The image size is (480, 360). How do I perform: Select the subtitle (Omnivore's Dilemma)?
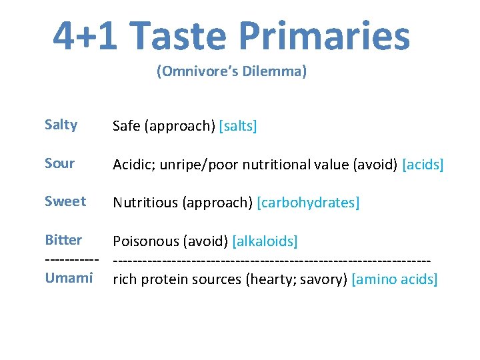click(x=232, y=71)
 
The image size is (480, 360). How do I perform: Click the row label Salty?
click(x=61, y=125)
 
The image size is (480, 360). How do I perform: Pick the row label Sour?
click(x=60, y=163)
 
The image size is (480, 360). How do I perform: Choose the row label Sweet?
click(x=65, y=201)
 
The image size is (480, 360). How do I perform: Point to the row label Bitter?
click(x=63, y=240)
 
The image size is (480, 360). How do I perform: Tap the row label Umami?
click(x=69, y=278)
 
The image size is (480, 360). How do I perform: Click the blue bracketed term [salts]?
click(x=238, y=126)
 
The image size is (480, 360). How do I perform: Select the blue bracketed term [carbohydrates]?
click(x=309, y=203)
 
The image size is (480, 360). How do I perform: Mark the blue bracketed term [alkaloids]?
click(x=265, y=241)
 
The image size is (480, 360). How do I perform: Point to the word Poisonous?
click(x=146, y=241)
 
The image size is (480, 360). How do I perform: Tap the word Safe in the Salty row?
click(x=126, y=126)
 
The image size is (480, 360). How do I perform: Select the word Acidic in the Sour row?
click(x=133, y=165)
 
